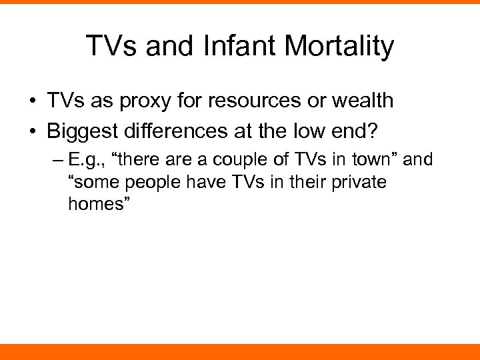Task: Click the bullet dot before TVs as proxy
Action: click(x=32, y=102)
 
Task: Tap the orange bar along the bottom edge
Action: click(x=240, y=352)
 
